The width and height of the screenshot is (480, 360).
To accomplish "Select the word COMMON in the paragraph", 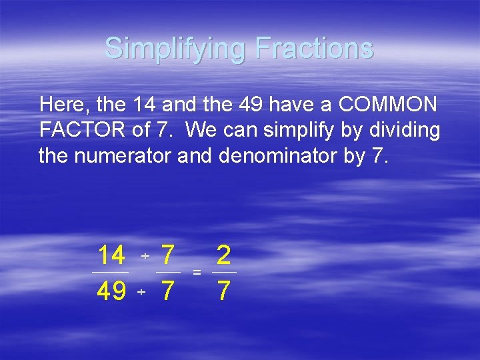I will [x=388, y=105].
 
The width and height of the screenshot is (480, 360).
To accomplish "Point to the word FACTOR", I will [x=82, y=130].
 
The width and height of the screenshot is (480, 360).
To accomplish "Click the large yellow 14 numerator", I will [x=111, y=255].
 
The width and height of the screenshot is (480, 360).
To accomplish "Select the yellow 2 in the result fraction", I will [x=224, y=255].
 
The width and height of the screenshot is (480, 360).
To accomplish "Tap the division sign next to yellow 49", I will [x=141, y=293].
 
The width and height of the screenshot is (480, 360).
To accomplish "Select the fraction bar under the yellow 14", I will [x=111, y=273].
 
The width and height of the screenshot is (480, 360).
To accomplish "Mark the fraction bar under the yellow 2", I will [x=224, y=273].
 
